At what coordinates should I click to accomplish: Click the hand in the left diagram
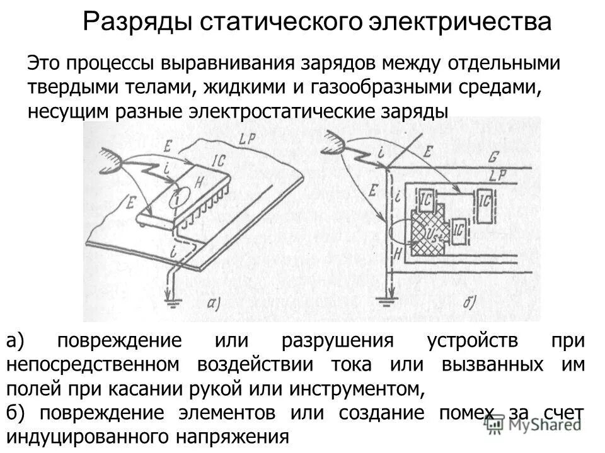pos(110,160)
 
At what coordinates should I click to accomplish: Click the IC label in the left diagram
pos(218,161)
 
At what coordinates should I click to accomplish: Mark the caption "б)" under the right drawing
pos(470,301)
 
